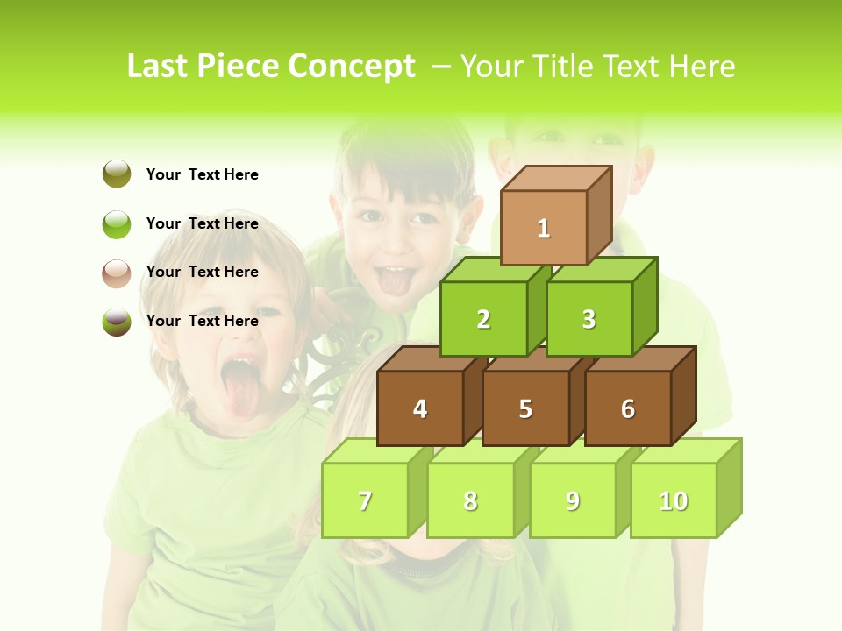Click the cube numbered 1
tap(544, 228)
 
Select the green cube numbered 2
tap(483, 319)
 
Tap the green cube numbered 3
tap(589, 319)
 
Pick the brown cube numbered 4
tap(420, 408)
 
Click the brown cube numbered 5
tap(525, 408)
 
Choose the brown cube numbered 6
tap(628, 408)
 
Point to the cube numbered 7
tap(365, 500)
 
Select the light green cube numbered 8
tap(470, 500)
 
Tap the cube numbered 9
tap(573, 500)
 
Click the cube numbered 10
tap(674, 500)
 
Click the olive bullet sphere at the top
tap(117, 174)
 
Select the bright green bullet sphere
tap(117, 223)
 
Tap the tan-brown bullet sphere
tap(117, 273)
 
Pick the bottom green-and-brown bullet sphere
tap(117, 322)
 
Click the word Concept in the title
tap(352, 67)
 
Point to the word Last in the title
tap(158, 67)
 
